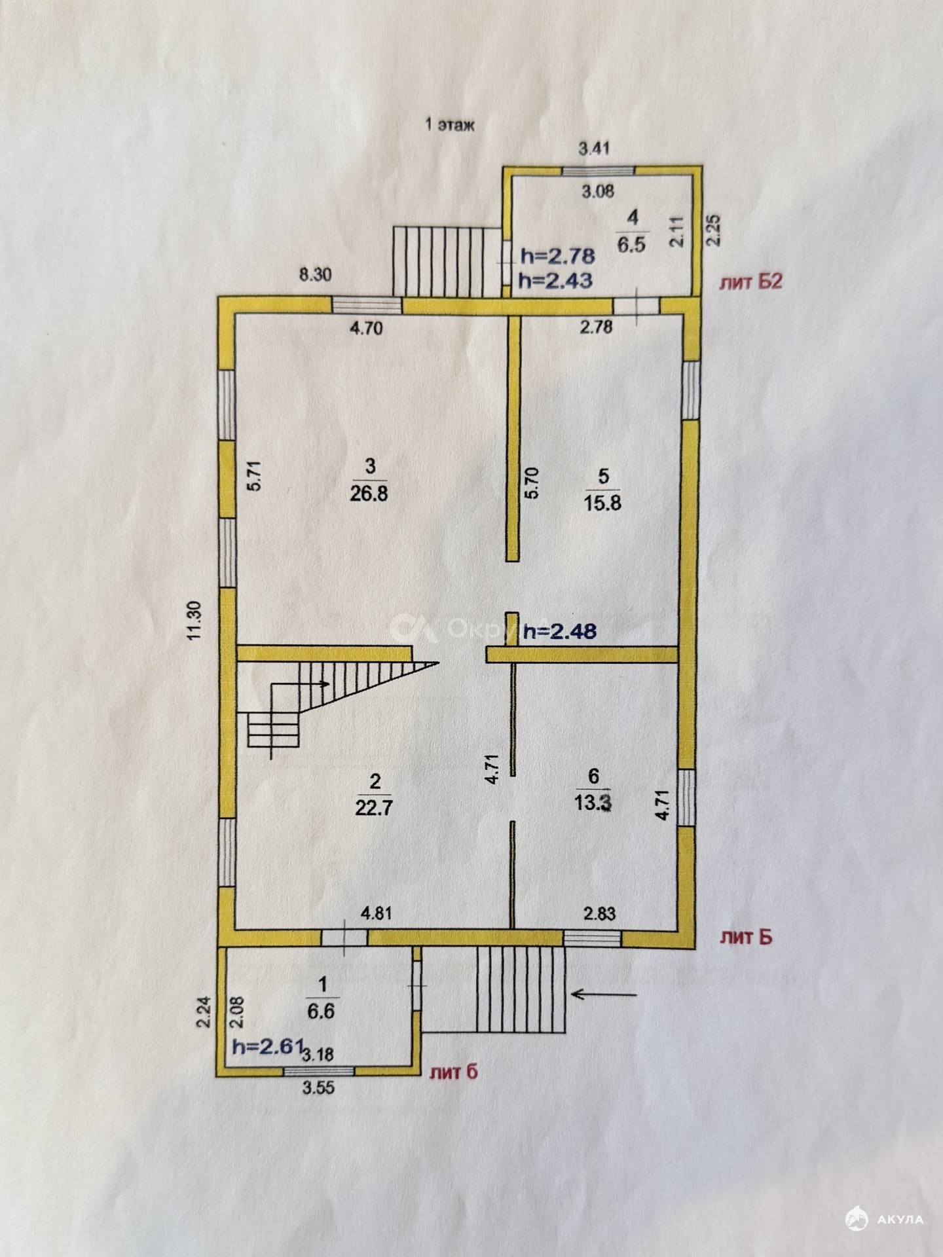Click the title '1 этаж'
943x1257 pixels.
point(450,124)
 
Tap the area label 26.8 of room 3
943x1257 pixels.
point(369,493)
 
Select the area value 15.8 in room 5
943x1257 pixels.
point(602,503)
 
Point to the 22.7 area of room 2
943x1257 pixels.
point(373,807)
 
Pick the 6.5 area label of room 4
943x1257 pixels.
point(632,245)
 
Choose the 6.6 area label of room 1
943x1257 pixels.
point(321,1011)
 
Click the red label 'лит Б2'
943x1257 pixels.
point(751,282)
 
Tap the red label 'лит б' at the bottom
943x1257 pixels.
point(454,1072)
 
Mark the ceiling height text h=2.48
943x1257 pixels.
point(561,631)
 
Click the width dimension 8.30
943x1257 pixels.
point(315,275)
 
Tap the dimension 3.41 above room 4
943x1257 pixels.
point(594,148)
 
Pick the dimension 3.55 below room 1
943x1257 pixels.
point(318,1087)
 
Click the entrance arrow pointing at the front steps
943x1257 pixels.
point(604,1013)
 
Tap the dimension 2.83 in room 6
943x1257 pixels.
point(600,913)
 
